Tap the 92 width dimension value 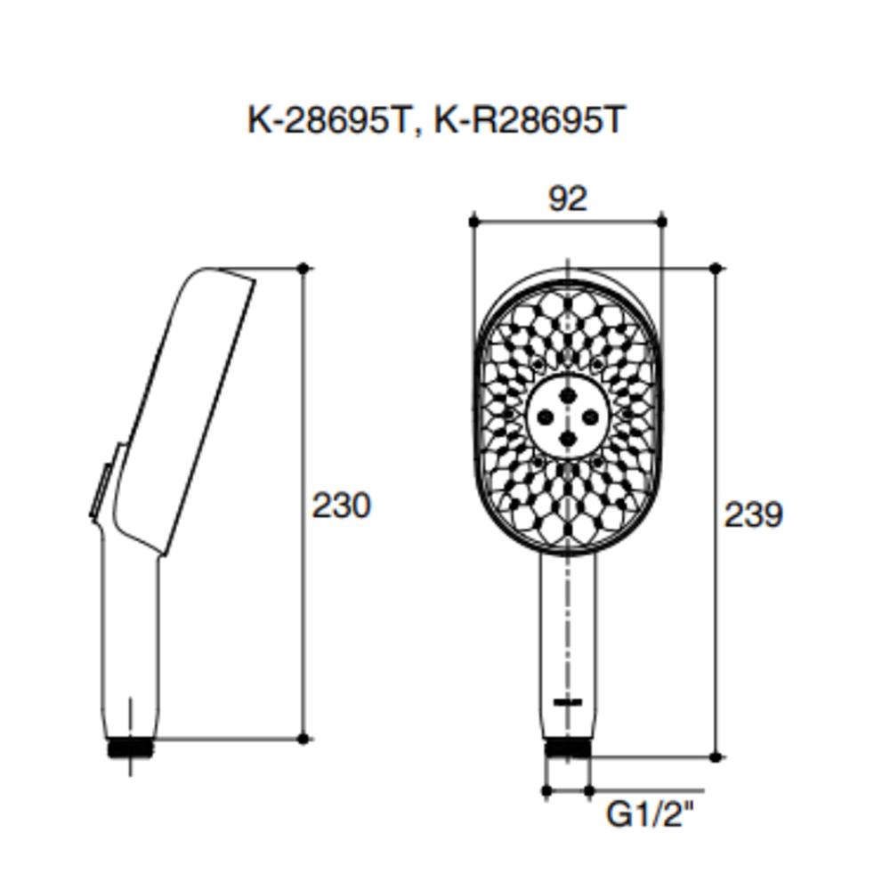pos(568,198)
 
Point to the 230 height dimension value pos(341,506)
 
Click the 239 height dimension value pos(753,514)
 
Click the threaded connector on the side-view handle pos(131,748)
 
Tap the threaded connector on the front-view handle pos(568,748)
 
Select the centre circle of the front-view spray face pos(568,416)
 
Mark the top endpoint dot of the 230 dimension pos(303,268)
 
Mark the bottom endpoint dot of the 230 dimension pos(303,738)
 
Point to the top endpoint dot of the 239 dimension pos(716,268)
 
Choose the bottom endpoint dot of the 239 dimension pos(716,757)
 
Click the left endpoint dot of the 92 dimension pos(473,221)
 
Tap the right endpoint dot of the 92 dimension pos(662,221)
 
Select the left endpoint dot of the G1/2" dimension pos(546,789)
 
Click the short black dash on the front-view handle pos(567,702)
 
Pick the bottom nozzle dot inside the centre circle pos(568,437)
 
